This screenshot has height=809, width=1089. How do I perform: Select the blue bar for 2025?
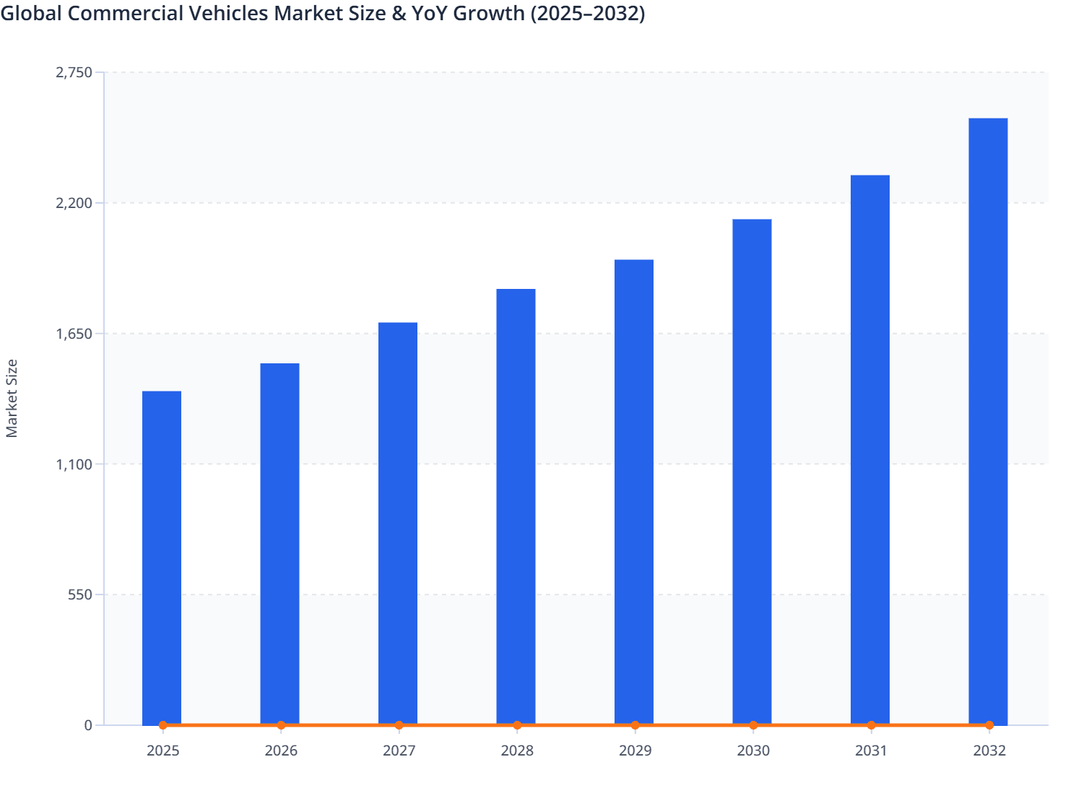click(162, 556)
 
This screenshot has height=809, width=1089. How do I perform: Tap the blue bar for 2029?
click(634, 491)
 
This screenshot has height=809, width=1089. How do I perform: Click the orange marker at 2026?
click(281, 725)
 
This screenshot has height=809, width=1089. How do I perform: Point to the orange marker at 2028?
click(517, 725)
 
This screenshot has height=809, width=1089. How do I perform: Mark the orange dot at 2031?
click(871, 725)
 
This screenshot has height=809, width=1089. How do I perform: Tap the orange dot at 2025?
click(162, 725)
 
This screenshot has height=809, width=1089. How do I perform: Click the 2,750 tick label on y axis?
click(74, 72)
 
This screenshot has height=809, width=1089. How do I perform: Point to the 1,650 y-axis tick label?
click(74, 334)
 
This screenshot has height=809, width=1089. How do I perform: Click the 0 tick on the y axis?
click(88, 725)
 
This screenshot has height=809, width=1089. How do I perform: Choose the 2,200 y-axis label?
click(74, 203)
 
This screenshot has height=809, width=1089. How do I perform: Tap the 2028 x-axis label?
click(517, 751)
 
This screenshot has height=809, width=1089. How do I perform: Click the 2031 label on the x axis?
click(871, 751)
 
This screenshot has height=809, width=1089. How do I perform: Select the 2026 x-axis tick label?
click(281, 751)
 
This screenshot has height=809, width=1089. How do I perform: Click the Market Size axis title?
click(12, 398)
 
